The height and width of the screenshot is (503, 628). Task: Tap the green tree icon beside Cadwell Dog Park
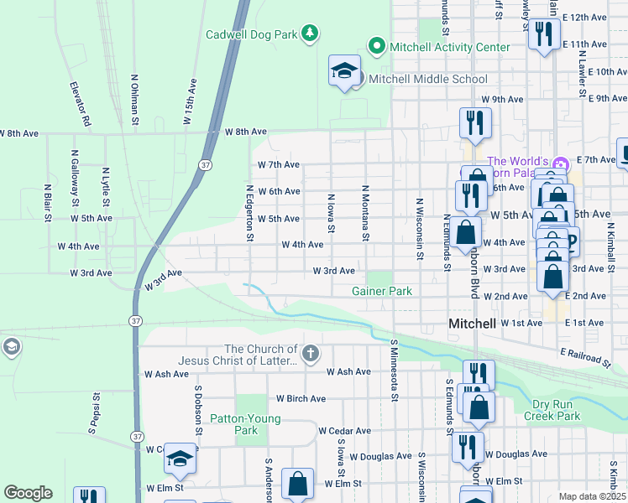[311, 34]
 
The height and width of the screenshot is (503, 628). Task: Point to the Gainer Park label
[381, 291]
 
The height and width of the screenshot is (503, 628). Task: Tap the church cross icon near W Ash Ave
[311, 353]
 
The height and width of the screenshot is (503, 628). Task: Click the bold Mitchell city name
[473, 324]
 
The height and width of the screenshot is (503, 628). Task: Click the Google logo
[28, 493]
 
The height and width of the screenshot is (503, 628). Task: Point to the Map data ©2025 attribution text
[593, 496]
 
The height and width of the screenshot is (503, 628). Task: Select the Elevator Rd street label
[80, 103]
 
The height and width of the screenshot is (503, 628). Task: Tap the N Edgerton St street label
[250, 213]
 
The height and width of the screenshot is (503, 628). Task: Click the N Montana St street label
[366, 213]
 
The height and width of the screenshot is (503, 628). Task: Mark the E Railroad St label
[583, 360]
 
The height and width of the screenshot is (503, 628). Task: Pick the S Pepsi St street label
[97, 413]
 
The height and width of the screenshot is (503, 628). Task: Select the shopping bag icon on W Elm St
[298, 484]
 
